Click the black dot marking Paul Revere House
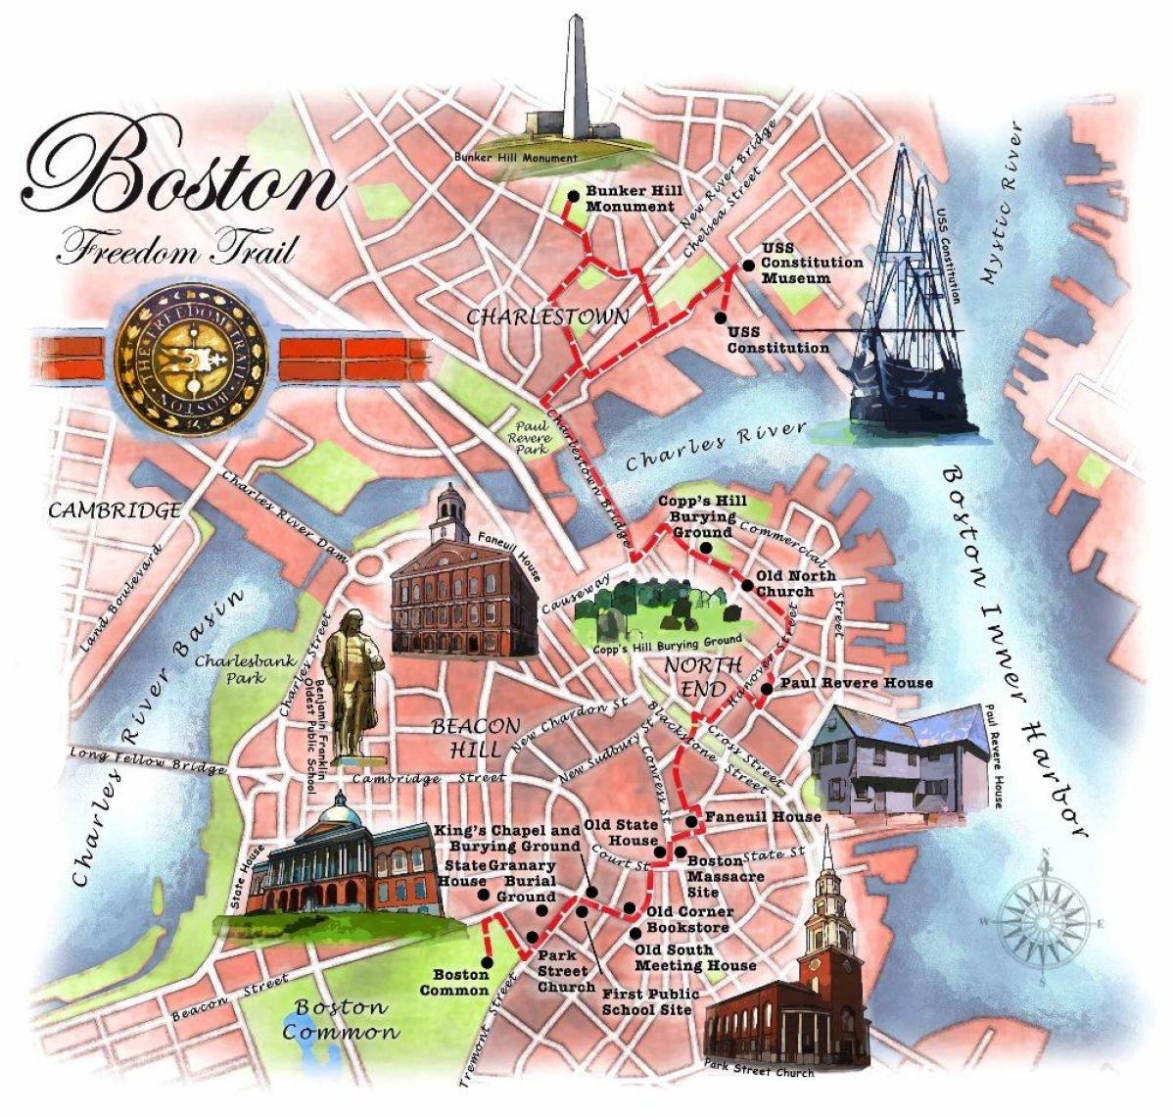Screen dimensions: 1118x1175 coord(768,689)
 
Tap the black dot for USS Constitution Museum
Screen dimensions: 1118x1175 coord(747,265)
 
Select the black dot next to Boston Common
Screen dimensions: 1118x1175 coord(488,962)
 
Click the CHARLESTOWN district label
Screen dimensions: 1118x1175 coord(547,316)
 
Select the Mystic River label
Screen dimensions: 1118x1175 coord(1005,204)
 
